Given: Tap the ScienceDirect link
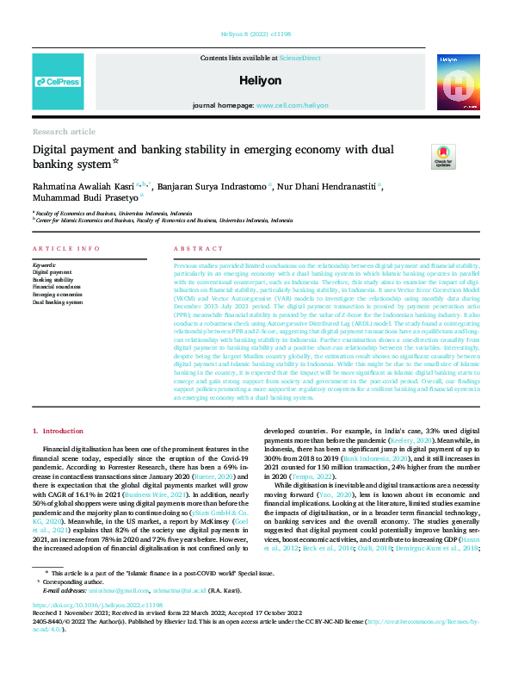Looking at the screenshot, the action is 299,57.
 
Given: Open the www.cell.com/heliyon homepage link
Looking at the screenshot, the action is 293,105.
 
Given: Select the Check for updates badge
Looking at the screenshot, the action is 444,157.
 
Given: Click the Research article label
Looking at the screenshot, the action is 65,131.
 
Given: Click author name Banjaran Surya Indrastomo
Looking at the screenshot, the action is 213,184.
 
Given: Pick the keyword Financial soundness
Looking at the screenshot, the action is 56,287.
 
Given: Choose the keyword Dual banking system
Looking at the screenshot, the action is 57,302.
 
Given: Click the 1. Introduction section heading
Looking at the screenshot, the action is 58,430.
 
